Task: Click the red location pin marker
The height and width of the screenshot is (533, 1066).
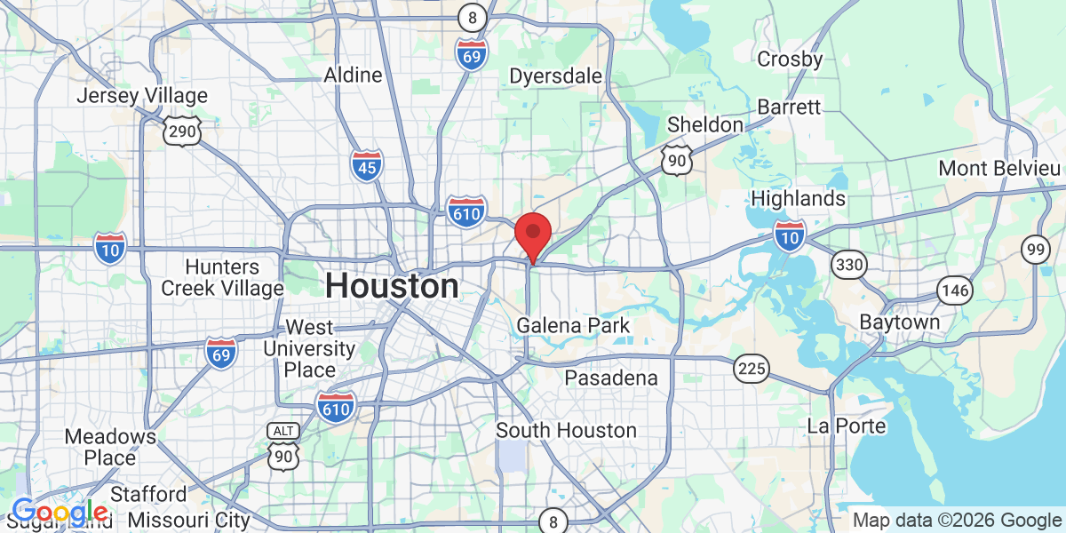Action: click(532, 235)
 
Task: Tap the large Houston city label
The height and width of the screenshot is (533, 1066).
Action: click(392, 286)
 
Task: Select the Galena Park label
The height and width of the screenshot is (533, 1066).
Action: click(573, 326)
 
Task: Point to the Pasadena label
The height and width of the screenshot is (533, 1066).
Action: click(611, 378)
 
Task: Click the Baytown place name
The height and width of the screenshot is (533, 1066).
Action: click(899, 322)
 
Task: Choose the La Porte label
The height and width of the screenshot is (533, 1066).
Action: click(847, 426)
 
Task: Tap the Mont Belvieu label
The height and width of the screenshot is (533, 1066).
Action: click(999, 169)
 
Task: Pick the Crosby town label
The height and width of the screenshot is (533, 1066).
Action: click(790, 60)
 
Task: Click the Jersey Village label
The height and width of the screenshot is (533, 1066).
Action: click(142, 96)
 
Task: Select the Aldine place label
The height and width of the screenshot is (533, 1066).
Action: click(353, 76)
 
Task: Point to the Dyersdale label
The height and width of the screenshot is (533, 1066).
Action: click(555, 76)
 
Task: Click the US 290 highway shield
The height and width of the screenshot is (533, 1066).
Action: click(182, 131)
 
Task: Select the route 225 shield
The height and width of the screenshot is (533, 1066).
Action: click(752, 367)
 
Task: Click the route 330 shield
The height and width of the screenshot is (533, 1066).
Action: click(850, 264)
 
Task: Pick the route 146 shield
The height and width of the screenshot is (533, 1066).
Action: click(955, 290)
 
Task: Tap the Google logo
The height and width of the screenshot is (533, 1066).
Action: click(60, 513)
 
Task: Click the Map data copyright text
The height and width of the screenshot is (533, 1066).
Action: click(957, 520)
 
